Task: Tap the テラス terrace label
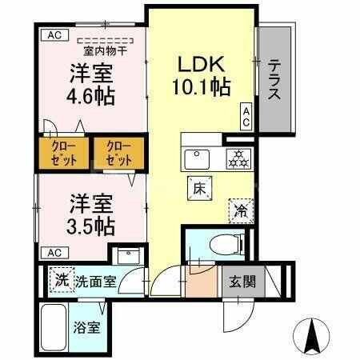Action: (274, 80)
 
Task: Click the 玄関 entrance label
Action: (242, 282)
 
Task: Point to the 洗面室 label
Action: (96, 282)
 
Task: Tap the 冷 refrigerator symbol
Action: (240, 211)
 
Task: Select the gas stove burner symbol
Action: (238, 158)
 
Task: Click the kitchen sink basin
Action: (197, 158)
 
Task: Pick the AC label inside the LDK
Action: (246, 117)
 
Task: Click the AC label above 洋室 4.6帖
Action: (53, 35)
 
